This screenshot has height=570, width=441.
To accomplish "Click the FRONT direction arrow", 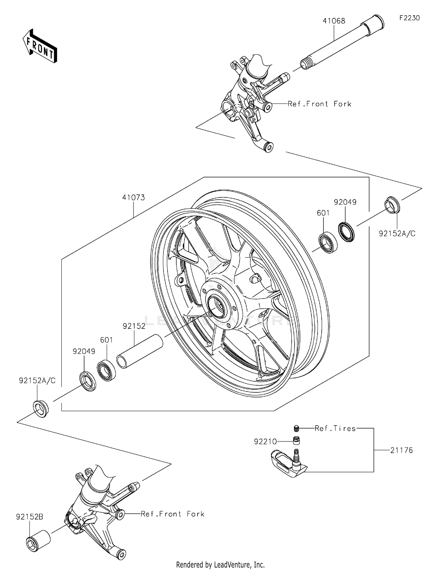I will tap(40, 46).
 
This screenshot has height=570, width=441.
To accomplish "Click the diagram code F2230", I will tap(409, 18).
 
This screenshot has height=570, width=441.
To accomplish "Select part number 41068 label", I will tap(334, 21).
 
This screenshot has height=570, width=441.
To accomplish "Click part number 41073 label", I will tap(133, 198).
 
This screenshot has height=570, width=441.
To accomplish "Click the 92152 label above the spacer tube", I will tap(134, 326).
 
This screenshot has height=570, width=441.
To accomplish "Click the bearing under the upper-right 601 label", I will tap(328, 242).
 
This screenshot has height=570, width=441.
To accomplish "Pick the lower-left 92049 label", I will tap(84, 351).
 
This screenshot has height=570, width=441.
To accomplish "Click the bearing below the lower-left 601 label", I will tap(106, 370).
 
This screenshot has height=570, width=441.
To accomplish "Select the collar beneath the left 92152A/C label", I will tap(41, 408).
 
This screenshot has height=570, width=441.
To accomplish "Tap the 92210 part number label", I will tap(265, 441).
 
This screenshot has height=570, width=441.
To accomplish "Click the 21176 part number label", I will tap(401, 450).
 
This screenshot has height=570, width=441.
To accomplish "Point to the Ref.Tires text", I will tap(335, 428).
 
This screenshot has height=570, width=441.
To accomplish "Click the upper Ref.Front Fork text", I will tap(319, 104).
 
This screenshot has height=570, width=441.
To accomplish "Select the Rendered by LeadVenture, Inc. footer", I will tap(220, 564).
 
